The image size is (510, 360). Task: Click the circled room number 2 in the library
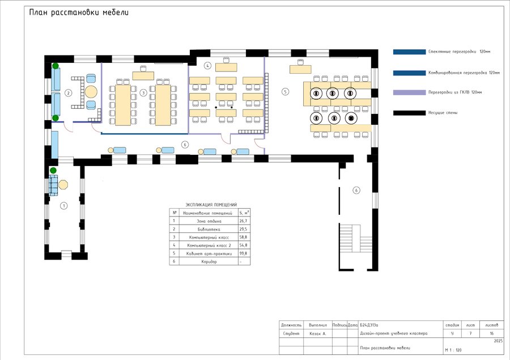pos(68,92)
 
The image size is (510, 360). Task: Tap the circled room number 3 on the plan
pos(143,92)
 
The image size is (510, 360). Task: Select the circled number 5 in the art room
pos(285,91)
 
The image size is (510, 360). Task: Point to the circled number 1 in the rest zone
pos(64,205)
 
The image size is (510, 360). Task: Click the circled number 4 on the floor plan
pos(208,66)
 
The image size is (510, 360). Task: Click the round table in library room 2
pos(92,91)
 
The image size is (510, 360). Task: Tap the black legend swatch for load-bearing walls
pos(409,113)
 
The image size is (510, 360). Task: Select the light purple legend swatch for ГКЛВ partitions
pos(409,92)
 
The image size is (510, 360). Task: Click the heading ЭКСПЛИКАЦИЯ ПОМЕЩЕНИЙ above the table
pos(211,205)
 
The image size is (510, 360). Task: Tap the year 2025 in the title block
pos(498,341)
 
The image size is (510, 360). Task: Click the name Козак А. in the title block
pos(318,334)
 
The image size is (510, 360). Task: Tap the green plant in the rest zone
pos(53,171)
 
